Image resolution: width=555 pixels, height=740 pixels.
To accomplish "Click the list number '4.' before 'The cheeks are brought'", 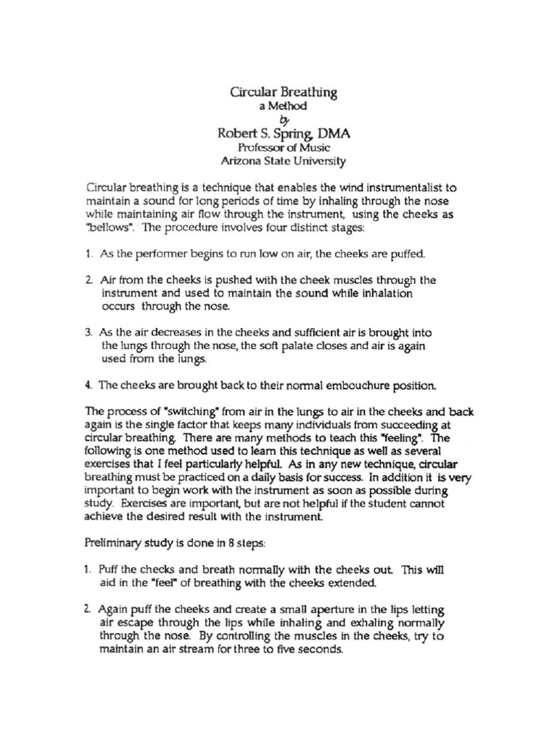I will click(x=88, y=384).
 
